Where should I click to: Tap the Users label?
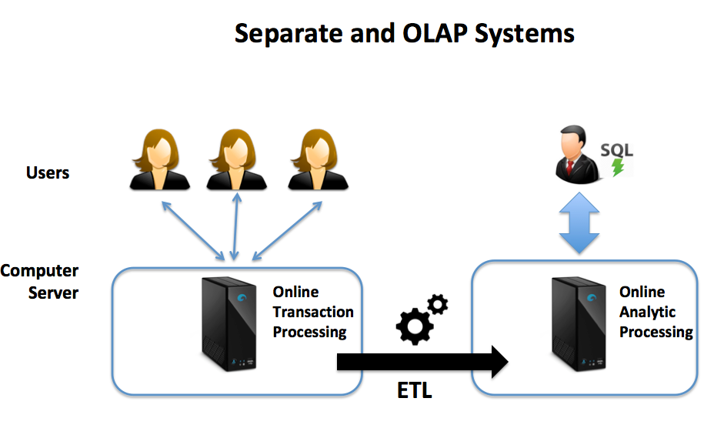point(48,172)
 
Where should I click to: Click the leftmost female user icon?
point(159,159)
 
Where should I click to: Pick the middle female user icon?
point(238,159)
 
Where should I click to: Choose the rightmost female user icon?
point(317,159)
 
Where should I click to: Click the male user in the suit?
point(577,157)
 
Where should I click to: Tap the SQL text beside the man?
point(616,149)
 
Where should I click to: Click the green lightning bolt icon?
point(618,167)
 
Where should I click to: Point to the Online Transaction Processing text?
point(312,312)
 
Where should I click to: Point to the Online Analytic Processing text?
point(656,312)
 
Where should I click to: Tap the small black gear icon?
point(438,305)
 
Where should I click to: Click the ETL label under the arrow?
point(415,390)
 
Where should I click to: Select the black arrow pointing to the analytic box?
point(422,360)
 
